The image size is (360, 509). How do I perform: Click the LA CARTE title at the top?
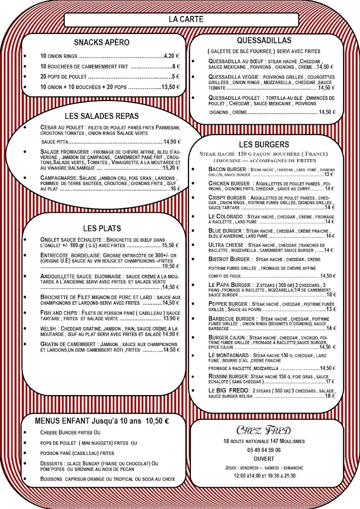click(180, 19)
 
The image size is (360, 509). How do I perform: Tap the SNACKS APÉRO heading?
click(101, 42)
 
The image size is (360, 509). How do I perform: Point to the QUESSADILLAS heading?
click(265, 40)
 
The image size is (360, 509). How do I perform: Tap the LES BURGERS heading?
click(264, 144)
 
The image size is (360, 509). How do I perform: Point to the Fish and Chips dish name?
click(56, 313)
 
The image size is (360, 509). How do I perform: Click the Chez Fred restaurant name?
click(265, 430)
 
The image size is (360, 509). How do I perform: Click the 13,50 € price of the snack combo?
click(170, 86)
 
